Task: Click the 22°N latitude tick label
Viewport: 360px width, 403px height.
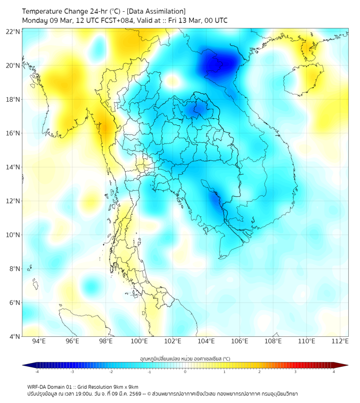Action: tap(13, 31)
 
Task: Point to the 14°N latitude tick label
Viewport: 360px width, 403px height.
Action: tap(13, 167)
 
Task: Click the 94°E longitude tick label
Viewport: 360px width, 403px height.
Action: tap(39, 341)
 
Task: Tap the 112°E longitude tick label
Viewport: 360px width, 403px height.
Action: tap(340, 341)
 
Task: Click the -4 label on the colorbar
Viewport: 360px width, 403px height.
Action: tap(37, 372)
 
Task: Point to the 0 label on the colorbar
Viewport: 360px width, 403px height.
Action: tap(185, 372)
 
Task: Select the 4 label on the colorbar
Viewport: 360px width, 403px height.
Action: tap(333, 372)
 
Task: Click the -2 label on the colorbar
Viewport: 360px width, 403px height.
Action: tap(111, 372)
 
